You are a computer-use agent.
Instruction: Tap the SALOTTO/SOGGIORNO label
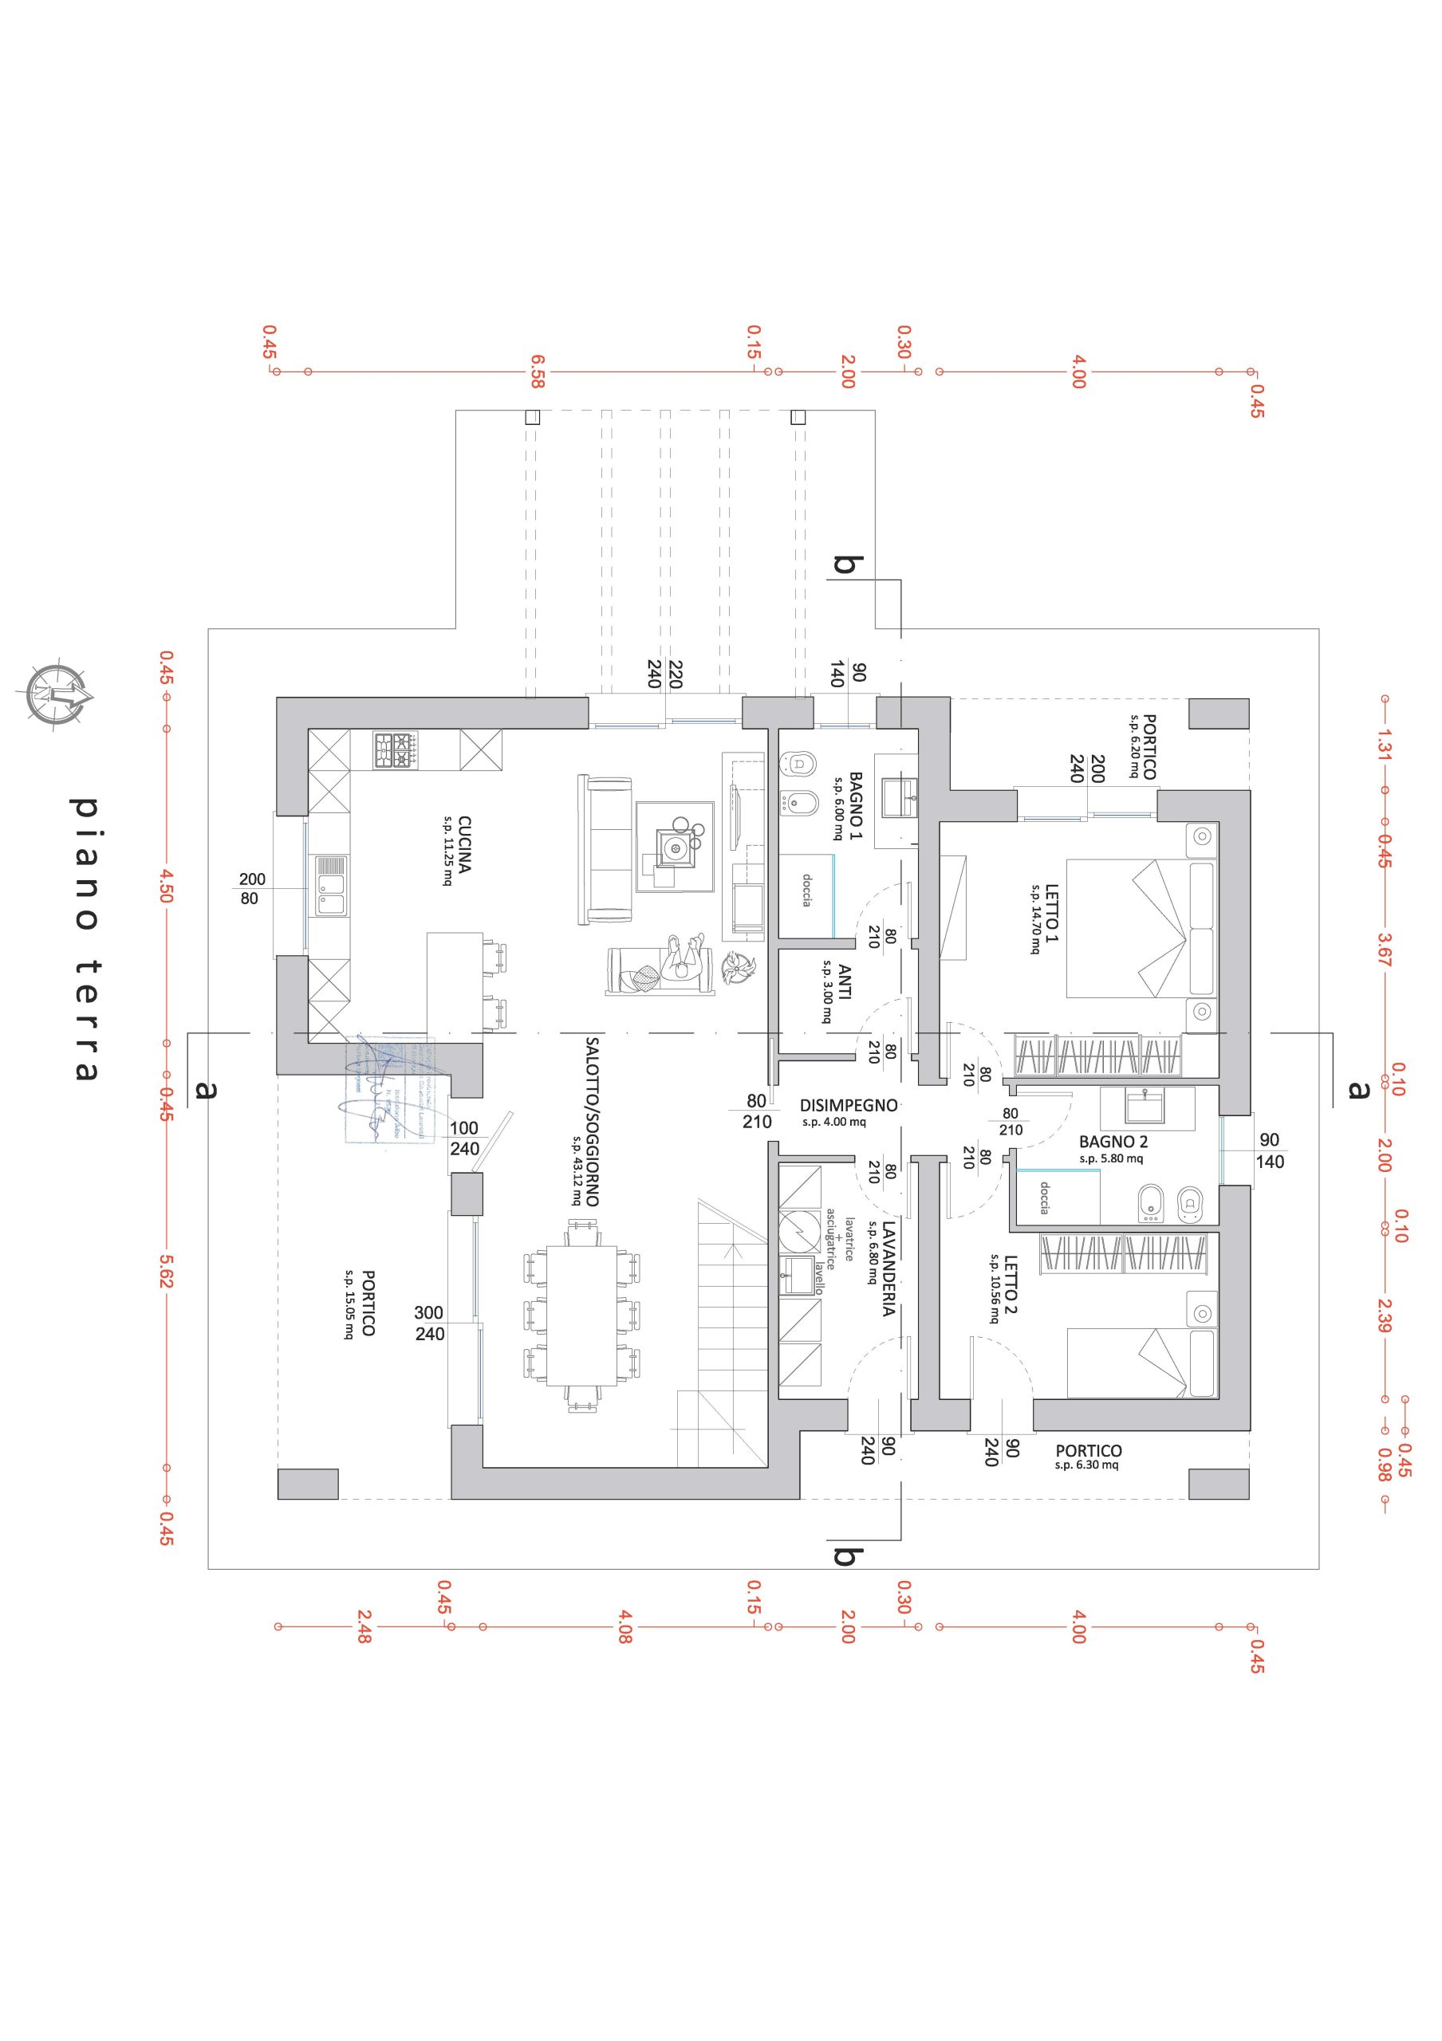point(592,1121)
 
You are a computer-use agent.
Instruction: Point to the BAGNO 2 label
point(1113,1142)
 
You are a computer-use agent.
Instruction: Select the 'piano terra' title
point(85,937)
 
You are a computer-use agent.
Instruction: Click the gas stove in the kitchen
point(396,750)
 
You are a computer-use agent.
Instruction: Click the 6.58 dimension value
point(537,372)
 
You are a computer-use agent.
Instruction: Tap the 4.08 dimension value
point(625,1626)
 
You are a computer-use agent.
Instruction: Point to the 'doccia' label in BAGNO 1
point(806,890)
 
